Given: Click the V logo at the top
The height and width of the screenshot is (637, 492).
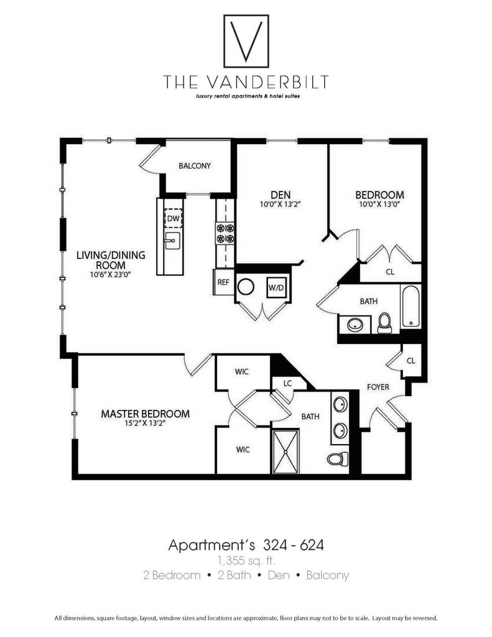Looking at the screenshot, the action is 246,42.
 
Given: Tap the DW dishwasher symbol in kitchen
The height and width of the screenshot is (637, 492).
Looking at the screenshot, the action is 173,219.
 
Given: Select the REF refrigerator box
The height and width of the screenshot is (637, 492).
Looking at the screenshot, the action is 223,282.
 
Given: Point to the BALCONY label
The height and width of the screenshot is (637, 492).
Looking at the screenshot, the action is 195,166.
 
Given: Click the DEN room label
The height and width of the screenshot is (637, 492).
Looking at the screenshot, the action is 281,194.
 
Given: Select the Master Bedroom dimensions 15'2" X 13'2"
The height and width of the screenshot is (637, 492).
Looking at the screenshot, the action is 146,424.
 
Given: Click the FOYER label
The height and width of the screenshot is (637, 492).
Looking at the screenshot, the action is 378,387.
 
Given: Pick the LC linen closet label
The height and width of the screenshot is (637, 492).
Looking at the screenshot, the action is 287,384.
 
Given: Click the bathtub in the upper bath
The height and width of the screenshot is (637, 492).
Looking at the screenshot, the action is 411,306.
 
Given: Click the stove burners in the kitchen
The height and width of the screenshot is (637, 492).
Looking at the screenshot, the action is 225,232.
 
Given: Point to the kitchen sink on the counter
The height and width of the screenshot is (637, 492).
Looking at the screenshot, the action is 172,241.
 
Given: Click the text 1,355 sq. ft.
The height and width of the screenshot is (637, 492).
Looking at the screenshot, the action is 246,560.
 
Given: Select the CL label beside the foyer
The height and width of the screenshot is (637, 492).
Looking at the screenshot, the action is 411,361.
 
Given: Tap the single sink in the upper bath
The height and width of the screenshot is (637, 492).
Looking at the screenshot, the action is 355,324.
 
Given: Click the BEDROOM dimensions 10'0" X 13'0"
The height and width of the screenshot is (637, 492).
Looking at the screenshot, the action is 380,203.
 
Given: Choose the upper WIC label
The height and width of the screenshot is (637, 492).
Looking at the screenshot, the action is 242,372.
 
